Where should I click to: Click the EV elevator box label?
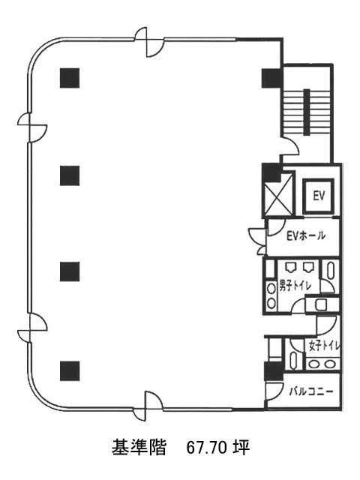(x=319, y=196)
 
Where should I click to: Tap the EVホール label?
(x=305, y=235)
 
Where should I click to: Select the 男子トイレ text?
(x=295, y=286)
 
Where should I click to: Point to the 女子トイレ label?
(x=325, y=346)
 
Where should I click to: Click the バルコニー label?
(x=311, y=391)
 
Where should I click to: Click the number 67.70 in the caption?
(x=207, y=448)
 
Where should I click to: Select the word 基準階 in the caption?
(x=139, y=448)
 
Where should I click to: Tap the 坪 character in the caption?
(x=241, y=448)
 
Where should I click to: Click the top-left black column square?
(x=70, y=78)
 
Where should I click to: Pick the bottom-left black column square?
(x=70, y=371)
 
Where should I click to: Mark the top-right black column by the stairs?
(x=271, y=78)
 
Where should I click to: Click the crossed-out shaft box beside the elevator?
(x=278, y=194)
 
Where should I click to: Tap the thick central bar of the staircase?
(x=307, y=112)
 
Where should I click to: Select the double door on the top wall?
(x=149, y=42)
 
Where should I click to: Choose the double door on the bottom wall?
(x=148, y=406)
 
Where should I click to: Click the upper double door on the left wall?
(x=31, y=127)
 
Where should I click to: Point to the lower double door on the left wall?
(x=31, y=328)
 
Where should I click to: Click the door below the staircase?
(x=290, y=147)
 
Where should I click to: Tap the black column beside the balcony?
(x=274, y=371)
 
